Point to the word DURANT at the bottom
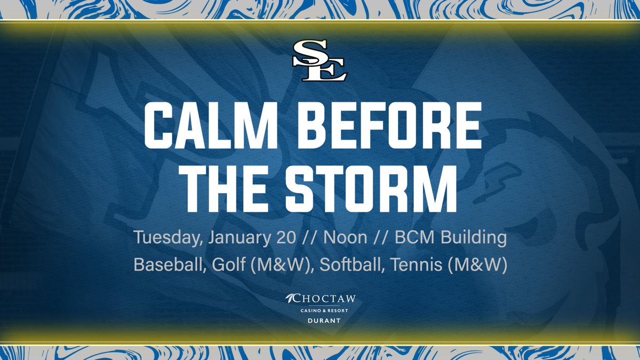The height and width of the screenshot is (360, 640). pos(320,322)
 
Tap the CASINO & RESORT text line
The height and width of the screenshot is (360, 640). pos(320,311)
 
